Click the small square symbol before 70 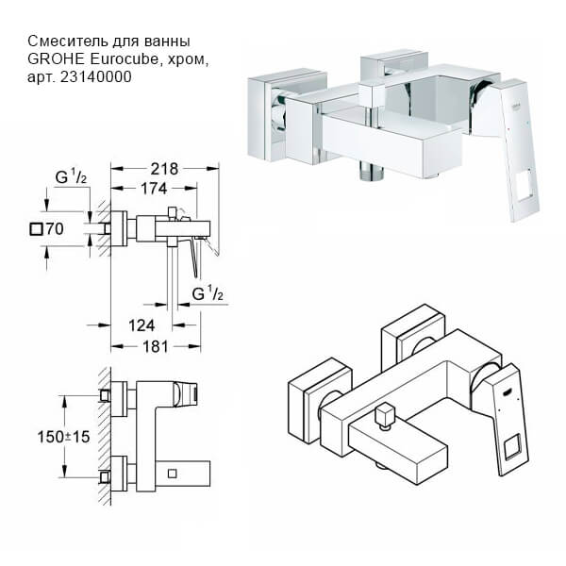(37, 227)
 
